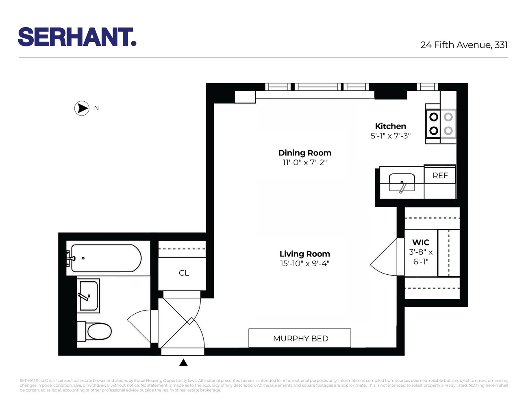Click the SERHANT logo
[77, 37]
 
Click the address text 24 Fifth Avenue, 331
[464, 45]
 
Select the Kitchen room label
[390, 126]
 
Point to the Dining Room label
[304, 153]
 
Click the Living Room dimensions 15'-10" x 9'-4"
[304, 264]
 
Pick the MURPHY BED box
[300, 338]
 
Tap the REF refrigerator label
[440, 175]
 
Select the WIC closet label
[421, 243]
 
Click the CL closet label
[184, 273]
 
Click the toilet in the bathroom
[96, 331]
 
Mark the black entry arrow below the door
[184, 362]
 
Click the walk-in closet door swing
[385, 258]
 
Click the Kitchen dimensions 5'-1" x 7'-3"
[390, 136]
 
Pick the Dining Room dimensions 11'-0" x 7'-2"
[304, 162]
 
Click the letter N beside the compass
[96, 108]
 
